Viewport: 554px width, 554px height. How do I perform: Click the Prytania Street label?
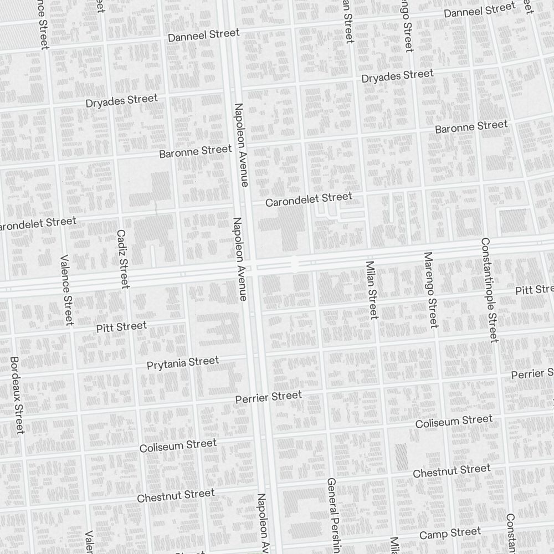[x=183, y=363]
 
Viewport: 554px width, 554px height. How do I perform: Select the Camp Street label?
[x=450, y=534]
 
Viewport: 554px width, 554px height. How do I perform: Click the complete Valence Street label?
[x=66, y=290]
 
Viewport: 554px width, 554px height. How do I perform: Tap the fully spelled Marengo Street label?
[x=430, y=290]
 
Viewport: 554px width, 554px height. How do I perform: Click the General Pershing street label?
[x=332, y=515]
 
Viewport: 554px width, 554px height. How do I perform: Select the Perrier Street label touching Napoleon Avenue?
[x=269, y=397]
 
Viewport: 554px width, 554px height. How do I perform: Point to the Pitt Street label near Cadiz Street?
[x=121, y=327]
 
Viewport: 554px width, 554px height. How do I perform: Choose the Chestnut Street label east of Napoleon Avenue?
[x=452, y=471]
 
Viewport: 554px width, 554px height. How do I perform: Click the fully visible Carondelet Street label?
[x=308, y=199]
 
